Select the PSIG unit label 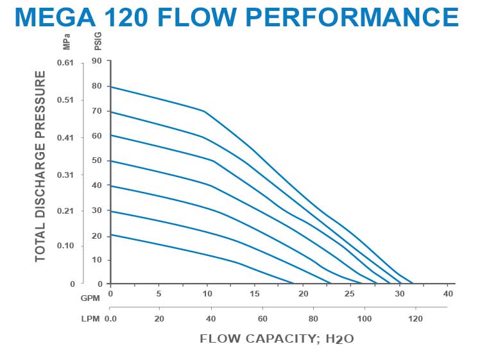tap(98, 44)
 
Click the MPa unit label tap(67, 44)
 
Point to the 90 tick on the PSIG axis tap(97, 62)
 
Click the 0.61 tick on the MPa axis tap(66, 63)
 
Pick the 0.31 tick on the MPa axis tap(66, 175)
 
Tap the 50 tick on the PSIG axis tap(97, 161)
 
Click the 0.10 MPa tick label tap(66, 246)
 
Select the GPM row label tap(89, 298)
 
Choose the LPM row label tap(89, 318)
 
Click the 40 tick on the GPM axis tap(449, 293)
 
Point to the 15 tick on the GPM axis tap(255, 293)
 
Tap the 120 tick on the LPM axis tap(415, 318)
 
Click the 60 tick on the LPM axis tap(262, 318)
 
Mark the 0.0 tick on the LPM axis tap(111, 318)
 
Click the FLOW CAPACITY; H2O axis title tap(277, 338)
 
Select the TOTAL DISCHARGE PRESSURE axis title tap(40, 166)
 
